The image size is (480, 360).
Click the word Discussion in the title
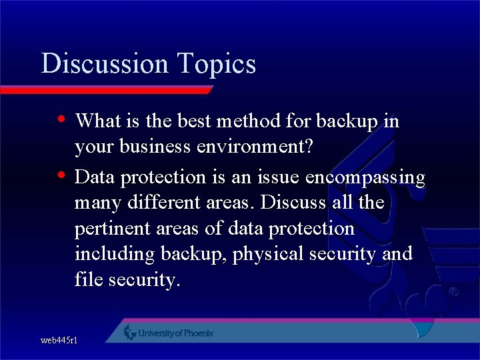point(105,64)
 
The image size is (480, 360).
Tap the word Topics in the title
point(217,65)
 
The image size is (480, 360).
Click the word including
point(115,255)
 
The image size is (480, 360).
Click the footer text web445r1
point(59,340)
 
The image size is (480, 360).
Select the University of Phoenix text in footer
point(176,333)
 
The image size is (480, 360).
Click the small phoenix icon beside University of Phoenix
point(130,332)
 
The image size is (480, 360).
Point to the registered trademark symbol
point(453,292)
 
